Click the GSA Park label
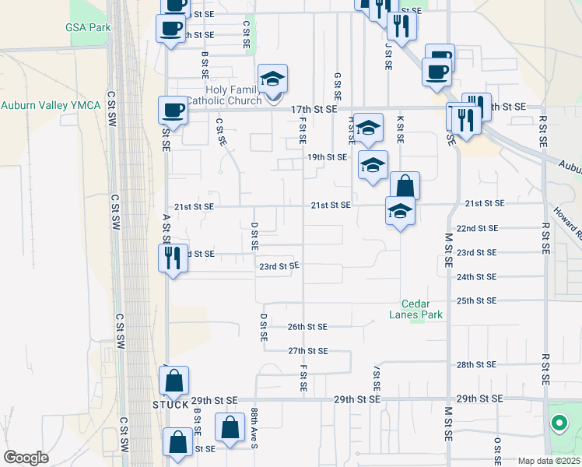pos(88,27)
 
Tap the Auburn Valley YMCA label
pos(51,105)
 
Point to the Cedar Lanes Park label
pos(422,309)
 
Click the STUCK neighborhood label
pos(170,405)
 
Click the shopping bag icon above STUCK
pos(174,381)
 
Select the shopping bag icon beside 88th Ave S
pos(230,427)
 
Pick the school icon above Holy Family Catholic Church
pos(273,79)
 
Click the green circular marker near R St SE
pos(558,424)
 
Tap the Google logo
pos(26,458)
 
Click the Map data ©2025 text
pos(549,461)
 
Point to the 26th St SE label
pos(307,327)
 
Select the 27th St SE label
pos(307,352)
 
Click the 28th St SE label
pos(476,364)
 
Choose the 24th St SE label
pos(476,277)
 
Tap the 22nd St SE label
pos(476,229)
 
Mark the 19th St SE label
pos(326,157)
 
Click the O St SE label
pos(496,450)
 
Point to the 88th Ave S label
pos(254,429)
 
